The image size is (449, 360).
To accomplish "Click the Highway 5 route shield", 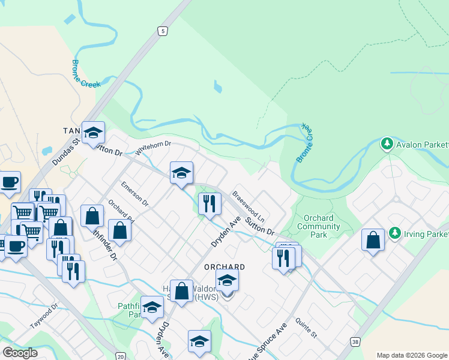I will click(x=162, y=30).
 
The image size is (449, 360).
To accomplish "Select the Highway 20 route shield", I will click(x=121, y=356).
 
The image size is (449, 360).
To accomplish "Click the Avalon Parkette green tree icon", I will click(x=387, y=144).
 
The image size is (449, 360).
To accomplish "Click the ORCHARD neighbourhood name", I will click(x=224, y=267).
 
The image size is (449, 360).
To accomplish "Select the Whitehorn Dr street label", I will click(x=153, y=148).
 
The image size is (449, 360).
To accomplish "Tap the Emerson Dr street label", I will click(x=134, y=193).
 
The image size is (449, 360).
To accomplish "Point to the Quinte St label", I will click(x=306, y=329).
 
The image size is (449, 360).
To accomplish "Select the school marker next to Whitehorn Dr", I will click(x=181, y=173).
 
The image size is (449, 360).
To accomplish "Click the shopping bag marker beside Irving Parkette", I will click(x=373, y=239).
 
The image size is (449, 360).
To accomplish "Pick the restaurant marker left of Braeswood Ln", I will click(x=209, y=203).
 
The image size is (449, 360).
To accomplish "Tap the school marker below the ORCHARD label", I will click(x=227, y=280).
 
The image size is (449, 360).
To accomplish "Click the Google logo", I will click(x=20, y=353).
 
